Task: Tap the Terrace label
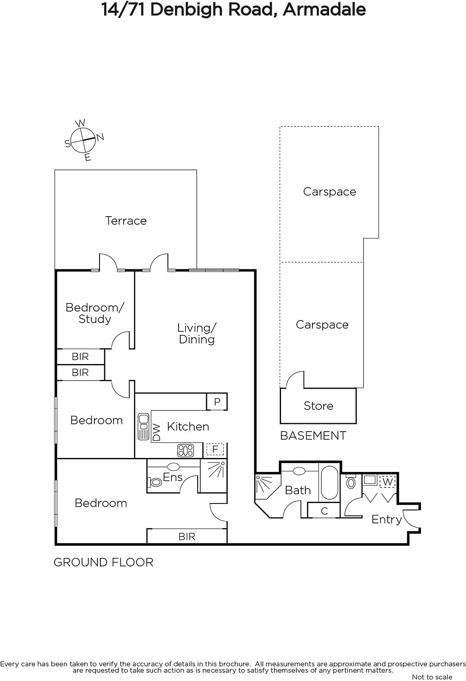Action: tap(126, 221)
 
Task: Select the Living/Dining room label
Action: tap(197, 334)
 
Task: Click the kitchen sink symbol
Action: tap(143, 426)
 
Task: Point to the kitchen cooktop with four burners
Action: tap(186, 451)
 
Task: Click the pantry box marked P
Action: tap(217, 402)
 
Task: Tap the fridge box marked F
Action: tap(215, 449)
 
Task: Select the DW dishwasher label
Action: tap(156, 432)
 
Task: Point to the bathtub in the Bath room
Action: tap(330, 483)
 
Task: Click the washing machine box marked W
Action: tap(387, 481)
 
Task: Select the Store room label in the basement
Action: tap(318, 406)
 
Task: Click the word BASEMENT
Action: tap(313, 436)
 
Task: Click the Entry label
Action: tap(387, 520)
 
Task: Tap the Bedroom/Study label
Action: tap(95, 313)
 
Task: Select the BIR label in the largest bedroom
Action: tap(187, 537)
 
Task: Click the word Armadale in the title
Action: tap(324, 9)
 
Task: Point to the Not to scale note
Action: tap(432, 677)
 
